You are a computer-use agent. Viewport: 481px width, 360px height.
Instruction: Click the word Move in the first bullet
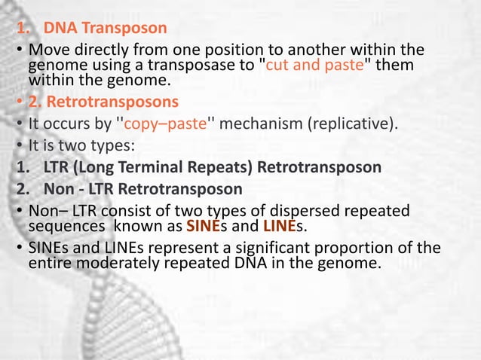[47, 51]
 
